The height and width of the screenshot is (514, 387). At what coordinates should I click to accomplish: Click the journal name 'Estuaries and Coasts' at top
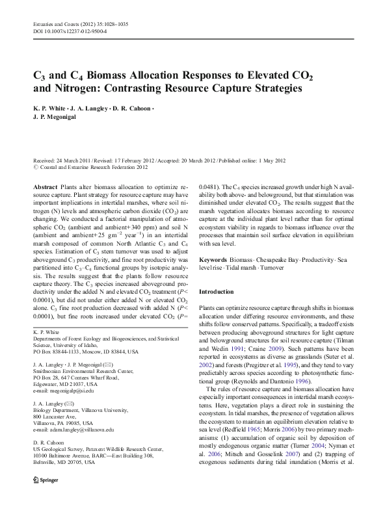57,24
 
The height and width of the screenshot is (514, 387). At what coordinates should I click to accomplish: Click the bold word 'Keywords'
213,259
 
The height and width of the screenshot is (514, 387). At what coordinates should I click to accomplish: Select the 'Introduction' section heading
218,292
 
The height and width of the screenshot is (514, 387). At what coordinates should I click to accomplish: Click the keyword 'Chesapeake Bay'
269,259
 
